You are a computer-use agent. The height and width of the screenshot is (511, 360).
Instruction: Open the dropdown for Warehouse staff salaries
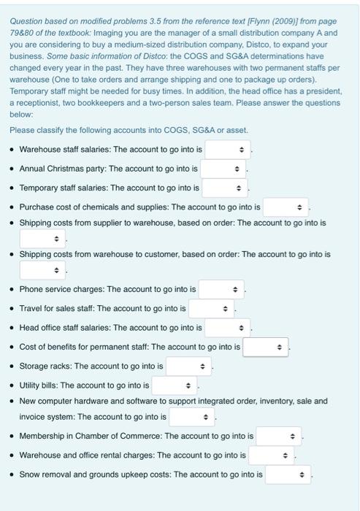228,150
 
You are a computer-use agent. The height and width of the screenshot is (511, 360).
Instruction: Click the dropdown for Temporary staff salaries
224,188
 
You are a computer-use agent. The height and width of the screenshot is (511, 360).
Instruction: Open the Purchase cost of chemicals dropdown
286,207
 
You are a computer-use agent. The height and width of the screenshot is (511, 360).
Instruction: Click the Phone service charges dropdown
221,289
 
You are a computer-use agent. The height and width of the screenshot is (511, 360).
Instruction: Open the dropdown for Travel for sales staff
211,308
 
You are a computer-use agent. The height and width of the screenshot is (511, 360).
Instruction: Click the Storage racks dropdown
188,365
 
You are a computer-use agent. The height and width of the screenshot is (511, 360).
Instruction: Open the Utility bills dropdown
175,385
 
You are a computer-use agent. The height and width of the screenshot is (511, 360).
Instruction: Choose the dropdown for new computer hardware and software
192,417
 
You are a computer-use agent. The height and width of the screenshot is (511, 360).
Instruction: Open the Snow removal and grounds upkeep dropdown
288,474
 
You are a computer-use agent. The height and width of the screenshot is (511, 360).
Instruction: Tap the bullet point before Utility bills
12,385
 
